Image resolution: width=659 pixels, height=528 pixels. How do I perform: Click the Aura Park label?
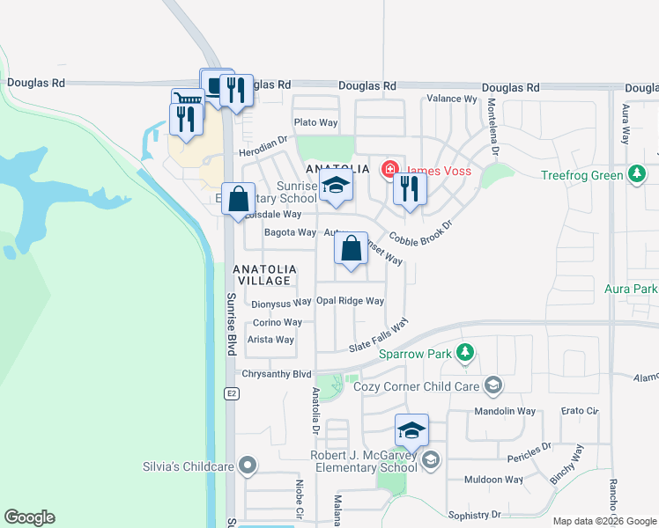click(x=631, y=289)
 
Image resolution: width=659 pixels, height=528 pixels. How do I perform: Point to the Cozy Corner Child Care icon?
click(x=492, y=385)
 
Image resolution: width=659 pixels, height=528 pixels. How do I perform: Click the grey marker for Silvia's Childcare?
click(x=248, y=466)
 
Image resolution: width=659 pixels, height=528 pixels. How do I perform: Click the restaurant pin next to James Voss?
click(x=410, y=188)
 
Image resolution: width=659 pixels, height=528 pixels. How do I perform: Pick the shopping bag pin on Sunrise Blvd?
click(x=238, y=199)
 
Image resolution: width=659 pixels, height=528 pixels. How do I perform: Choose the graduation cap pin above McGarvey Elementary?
click(x=411, y=430)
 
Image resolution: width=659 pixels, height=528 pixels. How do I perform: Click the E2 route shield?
click(x=231, y=392)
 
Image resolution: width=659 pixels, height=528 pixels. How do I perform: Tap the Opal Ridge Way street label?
click(x=350, y=301)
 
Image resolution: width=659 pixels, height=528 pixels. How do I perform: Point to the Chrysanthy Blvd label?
click(x=278, y=374)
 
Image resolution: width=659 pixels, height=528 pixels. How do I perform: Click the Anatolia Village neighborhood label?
click(x=263, y=275)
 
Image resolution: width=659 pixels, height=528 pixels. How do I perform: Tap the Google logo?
click(x=30, y=517)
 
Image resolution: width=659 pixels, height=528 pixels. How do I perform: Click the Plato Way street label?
click(x=316, y=122)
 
